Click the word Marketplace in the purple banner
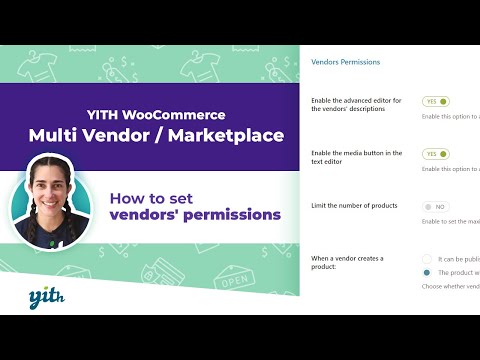coord(227,133)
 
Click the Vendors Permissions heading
coord(346,62)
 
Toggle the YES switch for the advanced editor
coord(437,102)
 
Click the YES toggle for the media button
coord(437,154)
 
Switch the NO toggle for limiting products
coord(437,206)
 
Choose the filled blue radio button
coord(428,271)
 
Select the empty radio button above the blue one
coord(428,258)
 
